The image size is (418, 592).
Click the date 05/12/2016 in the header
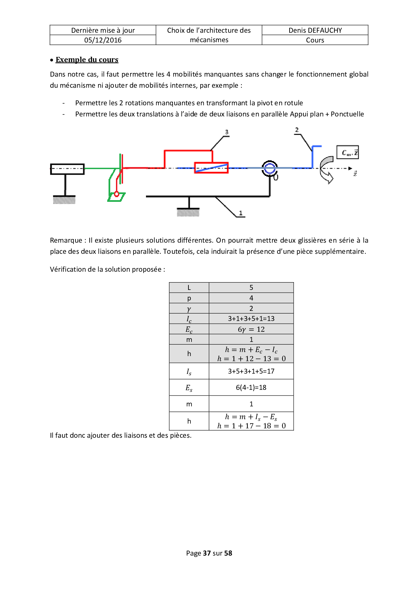point(103,40)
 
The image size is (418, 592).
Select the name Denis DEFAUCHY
point(315,30)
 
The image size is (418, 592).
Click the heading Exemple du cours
point(87,60)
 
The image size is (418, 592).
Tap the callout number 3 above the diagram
point(227,132)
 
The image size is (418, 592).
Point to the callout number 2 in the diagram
point(297,130)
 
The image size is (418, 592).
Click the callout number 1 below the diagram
point(241,213)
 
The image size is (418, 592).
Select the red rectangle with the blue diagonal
point(211,168)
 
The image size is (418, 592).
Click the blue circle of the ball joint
point(269,168)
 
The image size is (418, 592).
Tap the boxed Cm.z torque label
point(348,152)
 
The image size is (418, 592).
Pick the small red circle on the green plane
point(117,194)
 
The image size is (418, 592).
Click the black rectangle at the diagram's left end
point(67,169)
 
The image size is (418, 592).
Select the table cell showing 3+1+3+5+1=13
point(251,319)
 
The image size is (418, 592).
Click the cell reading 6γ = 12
point(251,329)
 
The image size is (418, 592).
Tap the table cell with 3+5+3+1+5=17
point(251,371)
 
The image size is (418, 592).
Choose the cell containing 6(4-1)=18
point(251,387)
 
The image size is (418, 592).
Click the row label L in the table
point(189,288)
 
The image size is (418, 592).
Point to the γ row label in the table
point(189,308)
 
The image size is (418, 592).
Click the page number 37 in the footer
point(207,553)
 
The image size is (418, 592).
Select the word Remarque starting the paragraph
point(66,240)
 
